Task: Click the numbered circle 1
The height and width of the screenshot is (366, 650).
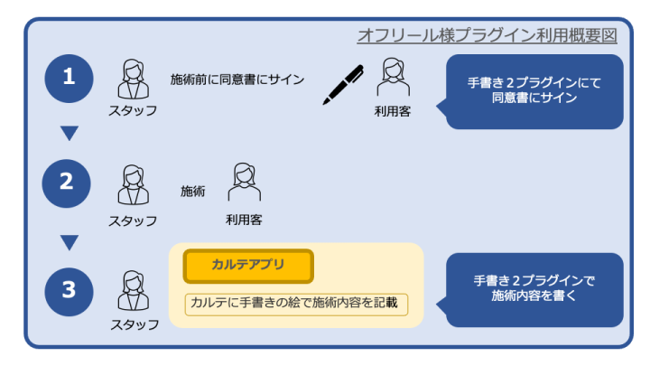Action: tap(69, 78)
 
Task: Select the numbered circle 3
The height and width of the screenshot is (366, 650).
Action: tap(69, 290)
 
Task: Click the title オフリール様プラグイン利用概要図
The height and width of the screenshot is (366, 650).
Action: tap(487, 35)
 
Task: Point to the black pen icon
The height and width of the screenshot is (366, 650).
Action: tap(343, 84)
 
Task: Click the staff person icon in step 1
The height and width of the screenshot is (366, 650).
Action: tap(133, 79)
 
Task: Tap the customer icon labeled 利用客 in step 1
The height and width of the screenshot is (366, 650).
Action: tap(393, 79)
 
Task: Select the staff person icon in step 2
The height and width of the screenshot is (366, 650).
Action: tap(133, 184)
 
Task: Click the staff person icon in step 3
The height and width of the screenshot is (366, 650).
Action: tap(133, 291)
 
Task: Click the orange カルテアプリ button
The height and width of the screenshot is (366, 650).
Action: tap(248, 267)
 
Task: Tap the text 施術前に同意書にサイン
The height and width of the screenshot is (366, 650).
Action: tap(237, 80)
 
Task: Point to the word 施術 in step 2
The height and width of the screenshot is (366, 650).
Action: tap(193, 191)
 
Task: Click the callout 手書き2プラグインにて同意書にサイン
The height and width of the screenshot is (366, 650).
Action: tap(534, 90)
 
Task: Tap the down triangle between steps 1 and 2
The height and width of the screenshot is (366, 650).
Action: tap(69, 134)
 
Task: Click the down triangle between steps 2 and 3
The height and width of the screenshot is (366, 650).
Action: tap(69, 241)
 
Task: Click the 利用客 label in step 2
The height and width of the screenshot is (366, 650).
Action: tap(244, 219)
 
